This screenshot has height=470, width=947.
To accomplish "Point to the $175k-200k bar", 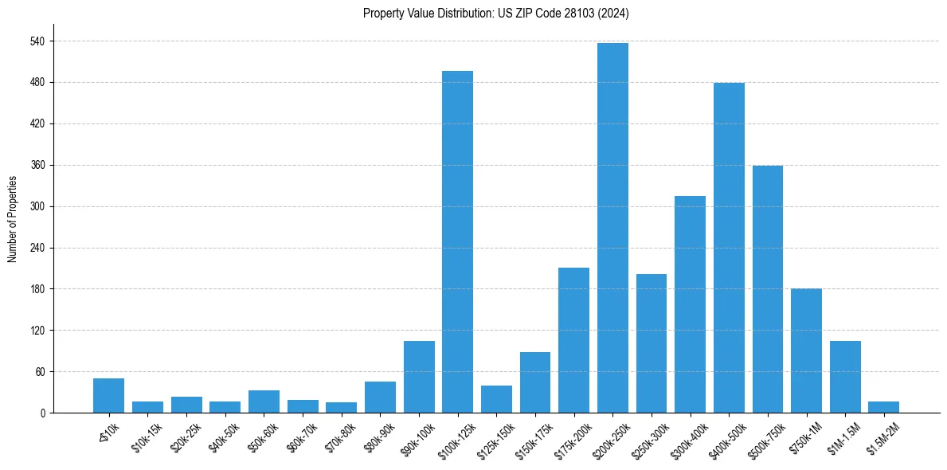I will pos(573,340).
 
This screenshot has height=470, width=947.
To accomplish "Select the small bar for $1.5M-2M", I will pos(884,407).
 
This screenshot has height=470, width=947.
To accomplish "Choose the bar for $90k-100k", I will pos(419,377).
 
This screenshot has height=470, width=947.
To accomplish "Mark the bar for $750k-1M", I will pos(806,351).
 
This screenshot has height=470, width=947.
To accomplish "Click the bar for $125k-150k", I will pos(496,399).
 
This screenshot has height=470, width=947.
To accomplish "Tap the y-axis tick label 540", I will pos(37,41).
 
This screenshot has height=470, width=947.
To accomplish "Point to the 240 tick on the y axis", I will pos(37,248).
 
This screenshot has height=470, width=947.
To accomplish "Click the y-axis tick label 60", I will pos(39,372).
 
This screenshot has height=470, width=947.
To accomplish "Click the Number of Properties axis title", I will pos(12,219).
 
